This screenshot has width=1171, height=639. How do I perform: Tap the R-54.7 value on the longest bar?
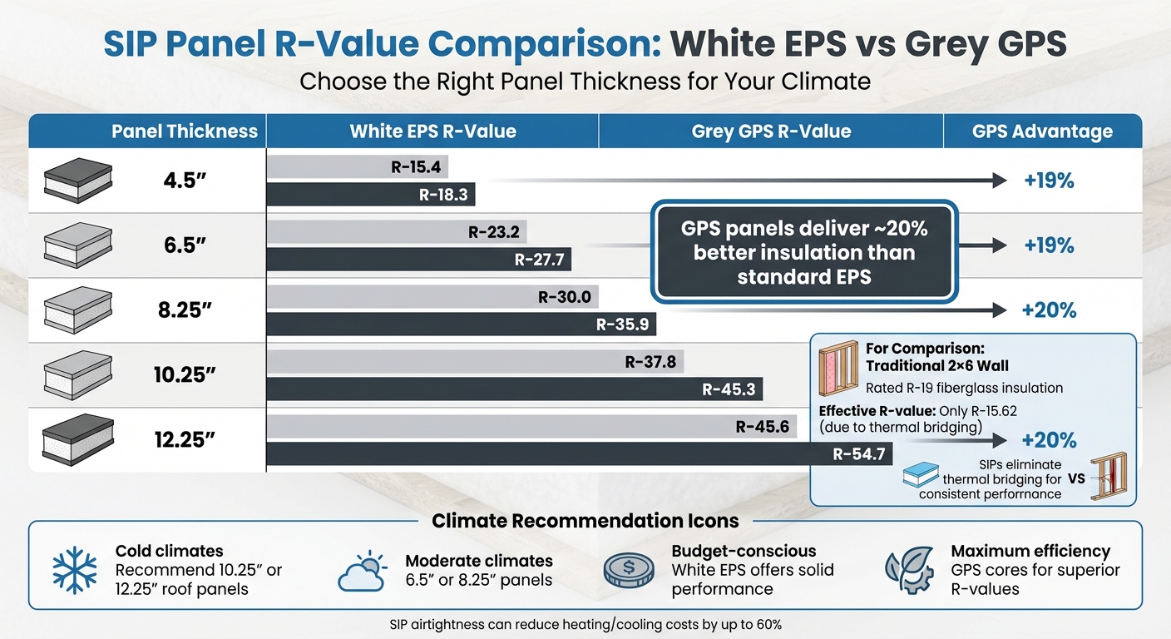859,454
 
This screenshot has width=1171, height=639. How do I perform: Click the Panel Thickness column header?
185,131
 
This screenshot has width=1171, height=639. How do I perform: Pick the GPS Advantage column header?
1042,131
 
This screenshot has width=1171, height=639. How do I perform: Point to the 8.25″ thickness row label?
185,310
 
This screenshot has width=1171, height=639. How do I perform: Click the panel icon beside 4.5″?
77,180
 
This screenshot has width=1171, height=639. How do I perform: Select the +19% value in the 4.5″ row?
1049,181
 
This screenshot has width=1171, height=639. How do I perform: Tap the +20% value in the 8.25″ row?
1049,310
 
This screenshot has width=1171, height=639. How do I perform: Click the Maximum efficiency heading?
1030,551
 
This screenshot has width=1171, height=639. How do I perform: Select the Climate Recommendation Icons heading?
585,521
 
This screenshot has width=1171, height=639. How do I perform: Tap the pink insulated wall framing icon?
837,366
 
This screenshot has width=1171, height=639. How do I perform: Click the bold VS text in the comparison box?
1079,479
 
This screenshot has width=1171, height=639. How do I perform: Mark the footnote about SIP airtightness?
585,624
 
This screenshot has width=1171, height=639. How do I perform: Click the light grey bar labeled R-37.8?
474,362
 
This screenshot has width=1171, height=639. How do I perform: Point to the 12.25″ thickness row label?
185,439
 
